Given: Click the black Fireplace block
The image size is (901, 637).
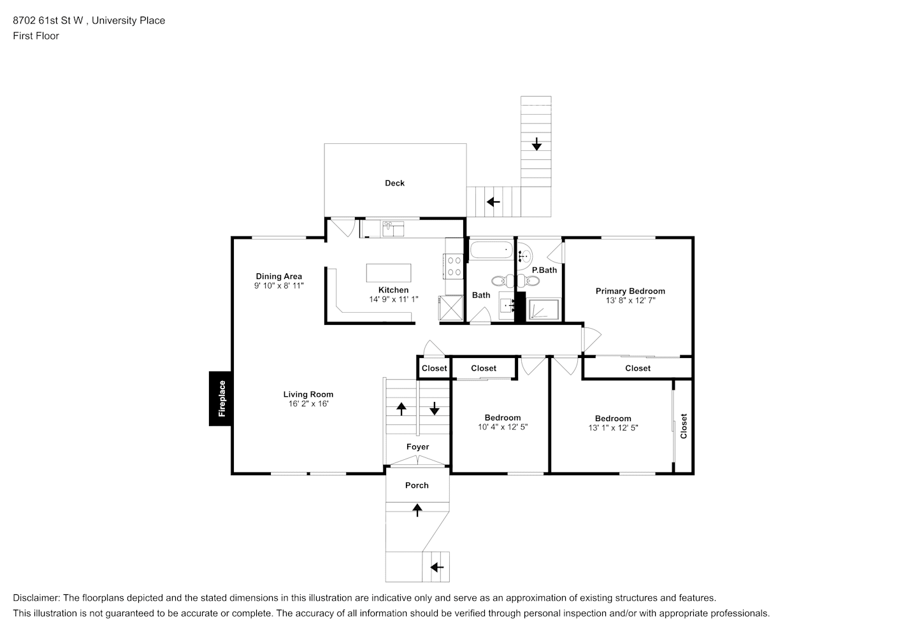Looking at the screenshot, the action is pos(220,399).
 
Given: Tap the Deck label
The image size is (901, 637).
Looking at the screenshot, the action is pos(394,183).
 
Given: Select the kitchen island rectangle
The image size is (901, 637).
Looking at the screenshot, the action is pos(389,273).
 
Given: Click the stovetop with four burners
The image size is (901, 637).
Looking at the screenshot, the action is pos(453,266).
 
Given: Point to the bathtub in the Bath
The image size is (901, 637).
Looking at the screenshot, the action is pos(491,250).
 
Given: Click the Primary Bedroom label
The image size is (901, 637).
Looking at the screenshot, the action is pos(630,290).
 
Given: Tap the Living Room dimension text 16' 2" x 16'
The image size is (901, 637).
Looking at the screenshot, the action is pos(308,404).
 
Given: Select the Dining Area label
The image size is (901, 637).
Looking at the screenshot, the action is pos(278,276).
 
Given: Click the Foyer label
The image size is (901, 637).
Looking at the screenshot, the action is pos(417,447).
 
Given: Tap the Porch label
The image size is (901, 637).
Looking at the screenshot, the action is pos(417,485).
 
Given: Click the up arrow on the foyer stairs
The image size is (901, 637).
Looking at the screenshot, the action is pos(401,409).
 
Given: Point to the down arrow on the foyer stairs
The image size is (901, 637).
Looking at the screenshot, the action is pos(435,408).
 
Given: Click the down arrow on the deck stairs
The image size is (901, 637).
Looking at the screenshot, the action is pos(536,144).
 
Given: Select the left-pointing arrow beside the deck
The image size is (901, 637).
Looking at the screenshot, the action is pos(493,201).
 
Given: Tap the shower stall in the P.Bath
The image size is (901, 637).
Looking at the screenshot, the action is pos(544,310).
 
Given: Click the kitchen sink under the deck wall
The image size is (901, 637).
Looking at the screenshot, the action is pos(393,229).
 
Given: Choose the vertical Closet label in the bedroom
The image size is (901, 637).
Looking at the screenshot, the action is pos(683,426).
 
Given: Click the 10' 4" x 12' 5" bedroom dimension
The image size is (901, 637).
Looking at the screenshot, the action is pos(503,427).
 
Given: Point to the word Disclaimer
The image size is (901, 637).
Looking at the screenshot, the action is pos(36,598).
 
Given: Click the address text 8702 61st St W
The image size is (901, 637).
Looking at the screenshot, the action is pos(48,20).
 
